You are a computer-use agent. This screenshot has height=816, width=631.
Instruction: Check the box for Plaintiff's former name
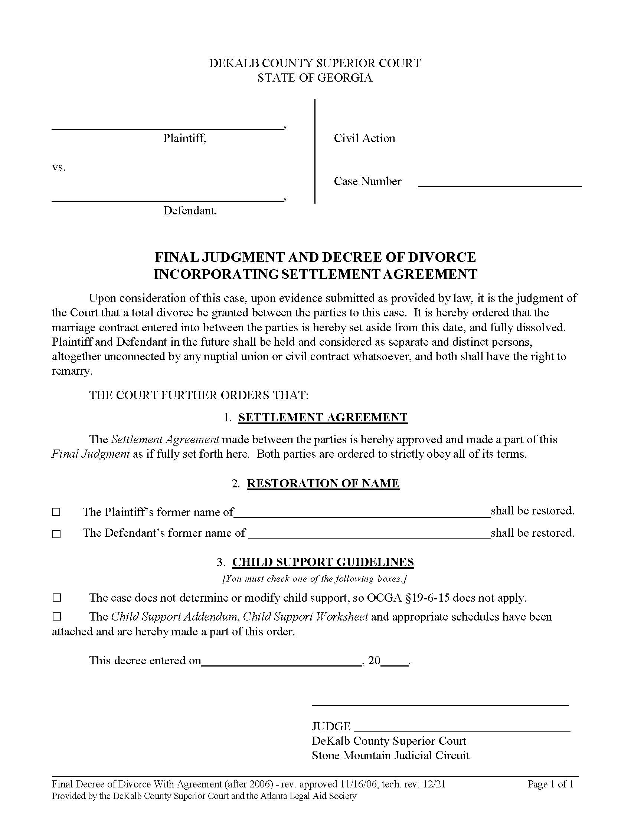pos(56,512)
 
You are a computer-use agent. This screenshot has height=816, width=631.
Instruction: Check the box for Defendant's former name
pos(56,534)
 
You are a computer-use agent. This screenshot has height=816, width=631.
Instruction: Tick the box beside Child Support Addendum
pos(56,616)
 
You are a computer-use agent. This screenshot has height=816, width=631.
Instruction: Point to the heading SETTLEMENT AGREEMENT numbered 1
pos(323,417)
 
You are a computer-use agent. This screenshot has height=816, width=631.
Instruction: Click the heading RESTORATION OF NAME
pos(323,483)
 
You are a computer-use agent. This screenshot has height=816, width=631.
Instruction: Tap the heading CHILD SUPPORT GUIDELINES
pos(323,562)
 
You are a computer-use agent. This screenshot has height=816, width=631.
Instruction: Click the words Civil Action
pos(364,138)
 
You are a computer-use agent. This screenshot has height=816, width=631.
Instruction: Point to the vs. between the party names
pos(59,167)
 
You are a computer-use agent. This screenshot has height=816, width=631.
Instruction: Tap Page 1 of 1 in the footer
pos(550,784)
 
